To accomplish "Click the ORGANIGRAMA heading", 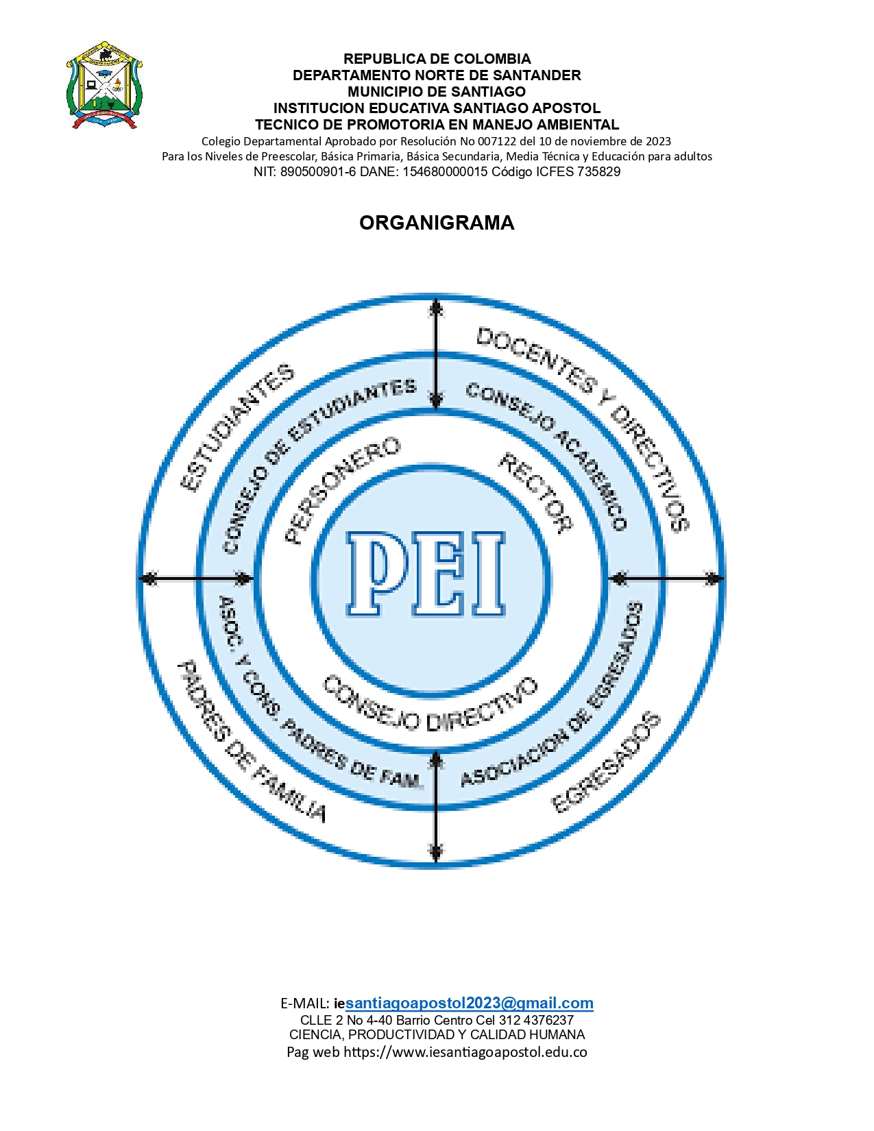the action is [437, 223].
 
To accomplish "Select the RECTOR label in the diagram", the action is [535, 493].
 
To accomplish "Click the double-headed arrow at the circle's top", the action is [436, 354].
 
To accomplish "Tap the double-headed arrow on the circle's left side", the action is [196, 578].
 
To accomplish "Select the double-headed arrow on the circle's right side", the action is [668, 578].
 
